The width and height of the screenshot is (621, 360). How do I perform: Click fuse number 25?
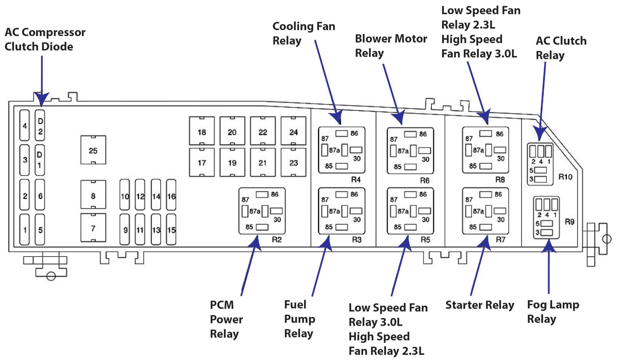(93, 150)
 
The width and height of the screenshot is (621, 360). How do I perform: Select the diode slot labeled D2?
(40, 126)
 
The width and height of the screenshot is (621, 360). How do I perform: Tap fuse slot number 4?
(25, 126)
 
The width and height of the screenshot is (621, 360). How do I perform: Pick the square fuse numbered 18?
(202, 132)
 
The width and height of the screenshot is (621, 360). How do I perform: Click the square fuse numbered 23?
(293, 163)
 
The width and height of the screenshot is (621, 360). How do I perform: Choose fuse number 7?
(93, 228)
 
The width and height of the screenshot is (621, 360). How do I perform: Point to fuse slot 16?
(171, 196)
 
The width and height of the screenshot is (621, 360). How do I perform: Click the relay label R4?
(356, 180)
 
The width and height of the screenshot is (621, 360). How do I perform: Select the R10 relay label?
(565, 177)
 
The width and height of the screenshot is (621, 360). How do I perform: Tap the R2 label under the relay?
(277, 240)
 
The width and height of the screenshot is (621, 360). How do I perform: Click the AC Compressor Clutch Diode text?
(45, 39)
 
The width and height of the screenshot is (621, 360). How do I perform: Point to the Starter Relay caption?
(480, 305)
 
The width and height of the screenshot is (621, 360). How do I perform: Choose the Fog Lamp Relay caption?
(553, 311)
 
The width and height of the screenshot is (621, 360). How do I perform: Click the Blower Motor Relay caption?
(391, 45)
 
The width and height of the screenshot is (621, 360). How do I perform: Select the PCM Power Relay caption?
(226, 319)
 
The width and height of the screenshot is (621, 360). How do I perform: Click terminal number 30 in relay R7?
(501, 219)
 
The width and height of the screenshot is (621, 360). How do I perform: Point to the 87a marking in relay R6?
(403, 151)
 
